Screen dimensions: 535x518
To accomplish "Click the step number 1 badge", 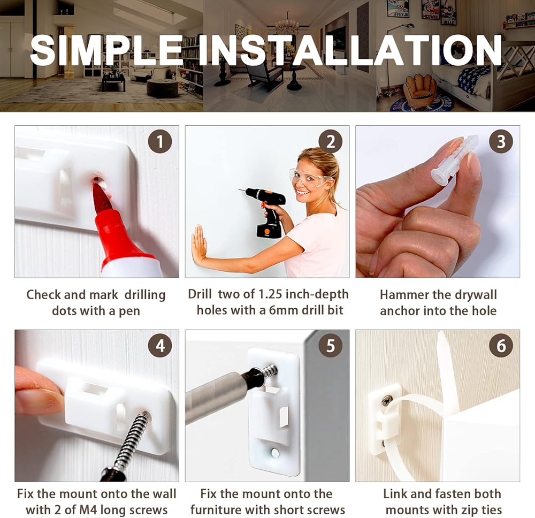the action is pos(160,142).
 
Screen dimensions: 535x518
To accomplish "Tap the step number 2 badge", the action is pos(331,142).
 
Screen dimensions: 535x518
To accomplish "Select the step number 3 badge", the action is pos(501,142).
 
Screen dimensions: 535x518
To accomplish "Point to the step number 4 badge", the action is pos(160,346).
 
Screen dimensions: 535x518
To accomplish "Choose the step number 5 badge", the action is pos(331,346).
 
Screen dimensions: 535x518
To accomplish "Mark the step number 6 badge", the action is pos(501,346).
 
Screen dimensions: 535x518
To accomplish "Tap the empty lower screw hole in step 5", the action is pos(274,453).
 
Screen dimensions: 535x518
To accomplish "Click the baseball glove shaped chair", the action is pos(419,91).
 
